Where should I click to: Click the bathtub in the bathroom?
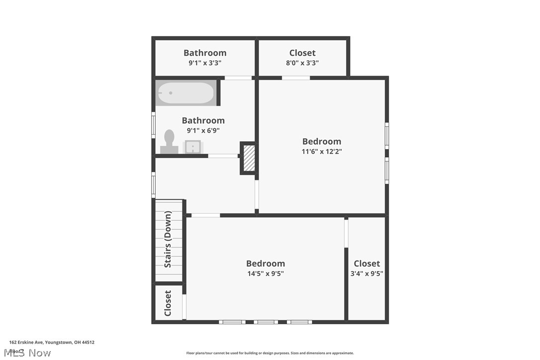pyautogui.click(x=186, y=93)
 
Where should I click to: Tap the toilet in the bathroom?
pyautogui.click(x=169, y=142)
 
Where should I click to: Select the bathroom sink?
pyautogui.click(x=192, y=147)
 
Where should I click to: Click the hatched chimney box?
pyautogui.click(x=249, y=158)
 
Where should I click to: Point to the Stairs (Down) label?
pyautogui.click(x=168, y=240)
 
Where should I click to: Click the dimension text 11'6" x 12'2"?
pyautogui.click(x=322, y=152)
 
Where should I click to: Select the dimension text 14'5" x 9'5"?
pyautogui.click(x=266, y=273)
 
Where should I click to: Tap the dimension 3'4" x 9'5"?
pyautogui.click(x=367, y=273)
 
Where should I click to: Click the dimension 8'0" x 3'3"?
pyautogui.click(x=302, y=63)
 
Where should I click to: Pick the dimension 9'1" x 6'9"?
pyautogui.click(x=203, y=131)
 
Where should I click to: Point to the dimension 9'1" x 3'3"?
pyautogui.click(x=205, y=63)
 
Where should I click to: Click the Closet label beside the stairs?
pyautogui.click(x=168, y=303)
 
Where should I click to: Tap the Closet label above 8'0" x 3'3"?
pyautogui.click(x=302, y=53)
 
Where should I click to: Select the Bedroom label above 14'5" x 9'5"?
pyautogui.click(x=266, y=264)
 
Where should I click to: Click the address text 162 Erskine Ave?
pyautogui.click(x=52, y=342)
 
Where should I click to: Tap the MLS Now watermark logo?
pyautogui.click(x=30, y=353)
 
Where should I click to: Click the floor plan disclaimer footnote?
pyautogui.click(x=270, y=353)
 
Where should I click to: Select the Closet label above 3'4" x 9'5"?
pyautogui.click(x=367, y=264)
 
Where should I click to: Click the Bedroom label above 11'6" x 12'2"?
pyautogui.click(x=322, y=141)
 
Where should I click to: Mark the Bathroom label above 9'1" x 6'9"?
pyautogui.click(x=203, y=120)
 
